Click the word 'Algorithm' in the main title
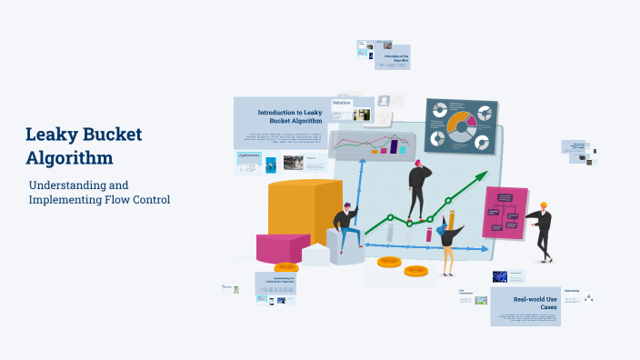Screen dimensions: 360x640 pos(70,157)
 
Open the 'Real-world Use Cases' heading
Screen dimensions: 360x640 pos(535,303)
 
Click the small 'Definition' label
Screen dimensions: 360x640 pos(342,104)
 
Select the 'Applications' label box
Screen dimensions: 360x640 pos(248,155)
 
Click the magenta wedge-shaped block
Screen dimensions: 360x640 pos(282,247)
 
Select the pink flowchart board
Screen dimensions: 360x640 pos(505,212)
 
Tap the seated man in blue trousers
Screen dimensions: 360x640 pos(346,228)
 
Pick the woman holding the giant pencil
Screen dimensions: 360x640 pos(447,243)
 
